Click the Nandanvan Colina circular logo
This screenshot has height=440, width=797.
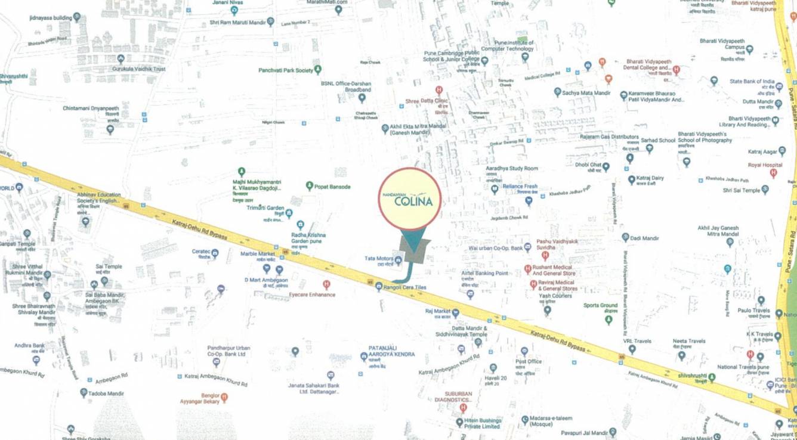coord(410,199)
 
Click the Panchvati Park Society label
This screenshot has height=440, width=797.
coord(286,70)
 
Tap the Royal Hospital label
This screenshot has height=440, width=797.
coord(765,165)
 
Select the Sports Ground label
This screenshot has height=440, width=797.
coord(600,306)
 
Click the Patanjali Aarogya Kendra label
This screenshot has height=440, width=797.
coord(391,351)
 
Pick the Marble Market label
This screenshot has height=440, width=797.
coord(257,253)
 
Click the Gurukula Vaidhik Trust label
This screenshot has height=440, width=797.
coord(139,69)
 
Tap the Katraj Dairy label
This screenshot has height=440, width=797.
coord(650,178)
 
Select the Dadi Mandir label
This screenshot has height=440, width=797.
coord(644,238)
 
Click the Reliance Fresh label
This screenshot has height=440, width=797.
coord(520,187)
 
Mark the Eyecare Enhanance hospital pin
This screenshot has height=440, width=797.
coord(326,285)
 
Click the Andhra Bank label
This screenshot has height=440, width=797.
coord(30,345)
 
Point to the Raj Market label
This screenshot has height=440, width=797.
coord(438,311)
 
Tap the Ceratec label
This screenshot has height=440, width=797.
coord(201,252)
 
